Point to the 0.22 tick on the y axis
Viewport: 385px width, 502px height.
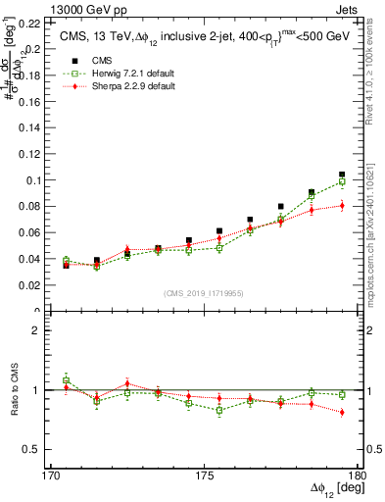[31, 22]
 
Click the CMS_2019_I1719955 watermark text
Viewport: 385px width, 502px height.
[204, 292]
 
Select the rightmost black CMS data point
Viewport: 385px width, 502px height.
[342, 175]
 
